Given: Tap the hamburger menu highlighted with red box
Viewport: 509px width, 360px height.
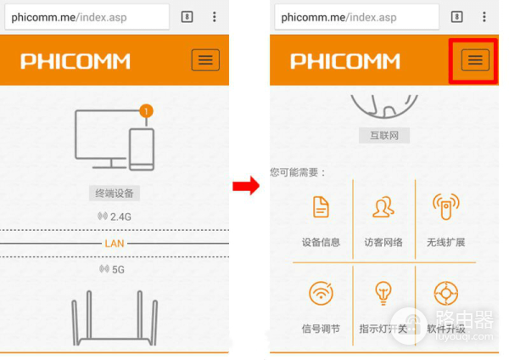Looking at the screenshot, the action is (x=475, y=59).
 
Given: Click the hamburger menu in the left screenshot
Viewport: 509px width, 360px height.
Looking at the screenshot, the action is (x=205, y=59).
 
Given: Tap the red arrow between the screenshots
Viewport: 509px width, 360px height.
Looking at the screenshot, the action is (x=246, y=186).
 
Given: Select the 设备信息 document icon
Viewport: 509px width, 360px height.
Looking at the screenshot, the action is (x=321, y=206).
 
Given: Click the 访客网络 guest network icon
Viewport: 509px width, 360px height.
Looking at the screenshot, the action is (x=383, y=206).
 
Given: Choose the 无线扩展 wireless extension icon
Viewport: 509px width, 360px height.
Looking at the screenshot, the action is (x=446, y=206).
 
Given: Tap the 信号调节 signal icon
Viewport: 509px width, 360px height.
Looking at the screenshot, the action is (x=321, y=293).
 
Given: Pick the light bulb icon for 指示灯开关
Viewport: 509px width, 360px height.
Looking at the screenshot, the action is (x=383, y=293).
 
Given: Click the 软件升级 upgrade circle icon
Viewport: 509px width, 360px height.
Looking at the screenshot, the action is (x=446, y=293).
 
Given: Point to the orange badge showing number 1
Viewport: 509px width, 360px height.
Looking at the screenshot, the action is (x=146, y=111).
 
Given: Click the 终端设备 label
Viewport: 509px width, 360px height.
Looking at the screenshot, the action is (x=115, y=194).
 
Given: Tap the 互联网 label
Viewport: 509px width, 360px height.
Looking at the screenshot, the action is (x=384, y=135).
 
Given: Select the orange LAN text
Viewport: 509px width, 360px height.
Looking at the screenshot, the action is (x=115, y=244).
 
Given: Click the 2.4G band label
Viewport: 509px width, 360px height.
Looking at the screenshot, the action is (x=115, y=217).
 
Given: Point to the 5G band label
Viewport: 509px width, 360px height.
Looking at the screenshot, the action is (x=112, y=269).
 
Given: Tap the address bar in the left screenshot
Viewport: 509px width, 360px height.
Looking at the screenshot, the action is (x=87, y=17).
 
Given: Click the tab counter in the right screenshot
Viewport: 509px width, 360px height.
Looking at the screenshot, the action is (x=456, y=17).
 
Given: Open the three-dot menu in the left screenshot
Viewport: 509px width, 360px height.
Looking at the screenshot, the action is (x=215, y=17).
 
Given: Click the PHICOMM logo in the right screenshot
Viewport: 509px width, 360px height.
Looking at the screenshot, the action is (x=345, y=61).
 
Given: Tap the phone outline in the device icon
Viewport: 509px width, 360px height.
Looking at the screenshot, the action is (x=142, y=149).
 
